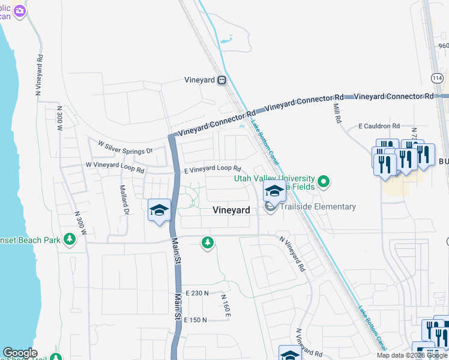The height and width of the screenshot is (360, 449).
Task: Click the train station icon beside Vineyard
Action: [222, 79]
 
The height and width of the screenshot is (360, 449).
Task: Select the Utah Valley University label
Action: [274, 178]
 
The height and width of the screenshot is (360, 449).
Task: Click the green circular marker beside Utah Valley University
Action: [324, 181]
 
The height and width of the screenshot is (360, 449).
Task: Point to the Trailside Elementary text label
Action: [318, 207]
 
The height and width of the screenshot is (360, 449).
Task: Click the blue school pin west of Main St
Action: [159, 211]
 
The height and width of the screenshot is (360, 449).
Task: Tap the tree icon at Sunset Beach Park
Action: [70, 240]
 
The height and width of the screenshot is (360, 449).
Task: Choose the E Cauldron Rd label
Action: [379, 126]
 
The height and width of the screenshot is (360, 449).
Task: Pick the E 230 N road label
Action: [197, 293]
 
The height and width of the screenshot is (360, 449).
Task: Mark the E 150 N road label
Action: [196, 320]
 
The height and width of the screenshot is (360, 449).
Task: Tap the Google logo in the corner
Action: [20, 353]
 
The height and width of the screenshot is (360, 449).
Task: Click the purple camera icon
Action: [20, 11]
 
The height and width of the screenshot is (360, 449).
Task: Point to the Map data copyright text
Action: [412, 355]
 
